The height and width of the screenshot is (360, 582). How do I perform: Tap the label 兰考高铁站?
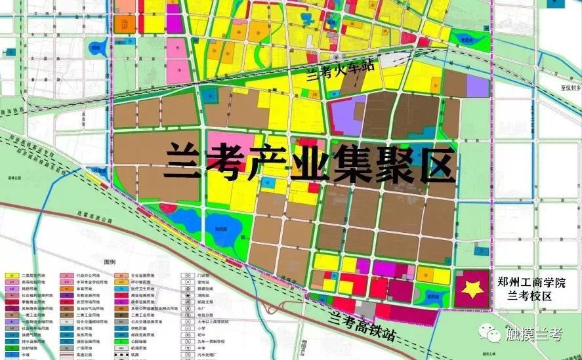pos(362,325)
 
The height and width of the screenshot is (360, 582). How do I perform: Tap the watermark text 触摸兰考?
pos(533,334)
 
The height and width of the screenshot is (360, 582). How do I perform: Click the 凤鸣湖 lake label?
pos(212,229)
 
